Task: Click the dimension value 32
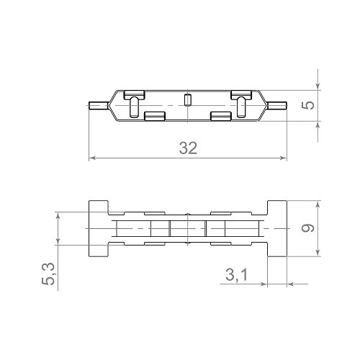[x=188, y=148]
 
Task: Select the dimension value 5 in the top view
[x=307, y=105]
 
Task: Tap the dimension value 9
[x=307, y=228]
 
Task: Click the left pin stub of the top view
[x=96, y=105]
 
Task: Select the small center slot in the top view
[x=187, y=100]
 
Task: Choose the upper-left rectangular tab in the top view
[x=134, y=94]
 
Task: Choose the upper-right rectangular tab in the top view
[x=240, y=94]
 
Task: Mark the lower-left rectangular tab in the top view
[x=154, y=115]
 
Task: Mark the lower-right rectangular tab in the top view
[x=220, y=115]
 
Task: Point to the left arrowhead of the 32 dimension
[x=91, y=158]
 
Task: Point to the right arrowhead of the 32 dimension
[x=284, y=158]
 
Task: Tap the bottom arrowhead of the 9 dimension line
[x=318, y=253]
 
